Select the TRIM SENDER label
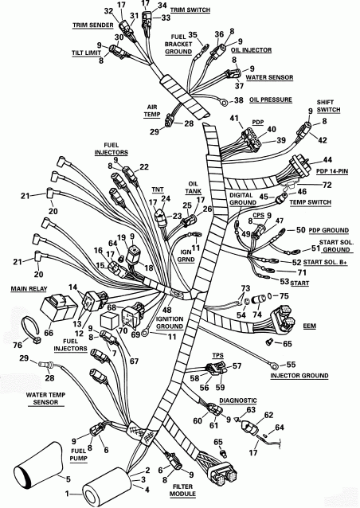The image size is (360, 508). [91, 25]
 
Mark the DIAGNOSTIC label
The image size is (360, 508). [232, 401]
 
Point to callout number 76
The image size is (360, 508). [18, 344]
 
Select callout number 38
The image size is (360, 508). [237, 100]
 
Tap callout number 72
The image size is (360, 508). [303, 184]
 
